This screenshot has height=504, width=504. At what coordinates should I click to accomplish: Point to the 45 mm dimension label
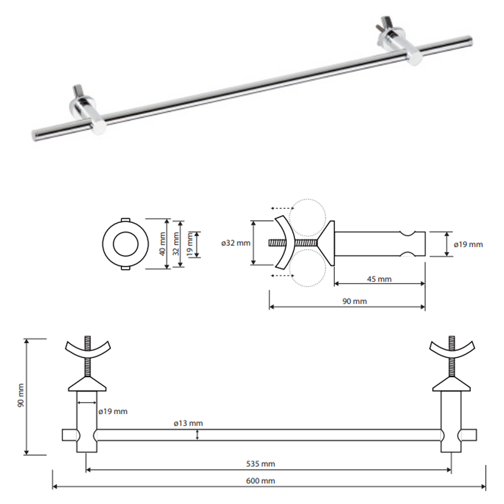click(x=379, y=279)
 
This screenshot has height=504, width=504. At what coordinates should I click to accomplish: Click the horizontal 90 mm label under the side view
click(x=355, y=301)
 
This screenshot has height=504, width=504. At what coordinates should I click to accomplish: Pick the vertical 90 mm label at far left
click(x=21, y=399)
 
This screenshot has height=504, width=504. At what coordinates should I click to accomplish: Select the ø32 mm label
click(x=236, y=243)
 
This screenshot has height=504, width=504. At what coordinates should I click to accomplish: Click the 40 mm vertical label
click(x=163, y=244)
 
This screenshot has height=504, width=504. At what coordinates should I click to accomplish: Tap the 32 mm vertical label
click(x=177, y=244)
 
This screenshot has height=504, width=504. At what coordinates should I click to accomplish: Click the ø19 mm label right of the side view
click(x=468, y=244)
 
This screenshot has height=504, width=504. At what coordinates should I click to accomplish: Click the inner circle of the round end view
click(x=125, y=244)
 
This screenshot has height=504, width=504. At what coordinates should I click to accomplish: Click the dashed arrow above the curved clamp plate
click(x=282, y=208)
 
